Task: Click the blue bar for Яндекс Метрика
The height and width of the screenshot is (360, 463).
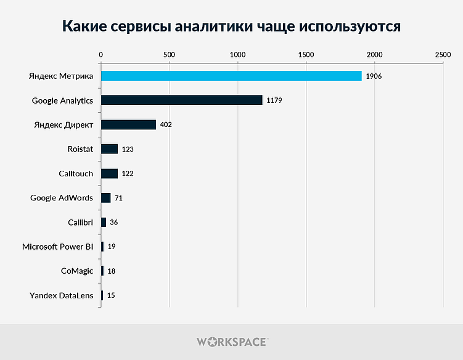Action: pos(231,76)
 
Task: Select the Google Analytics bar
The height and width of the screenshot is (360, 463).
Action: pos(181,100)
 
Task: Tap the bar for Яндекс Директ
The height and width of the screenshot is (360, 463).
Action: pos(128,125)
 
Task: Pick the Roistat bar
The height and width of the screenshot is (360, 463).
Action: pos(109,149)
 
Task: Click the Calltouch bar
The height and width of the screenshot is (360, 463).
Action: pos(109,173)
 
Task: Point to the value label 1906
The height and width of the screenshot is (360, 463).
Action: pos(374,76)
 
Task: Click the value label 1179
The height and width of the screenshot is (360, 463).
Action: pos(274,100)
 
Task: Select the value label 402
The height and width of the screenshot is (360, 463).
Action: pos(165,125)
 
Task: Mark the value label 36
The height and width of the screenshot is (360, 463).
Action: pos(114,222)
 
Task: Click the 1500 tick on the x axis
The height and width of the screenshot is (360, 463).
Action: pos(306,55)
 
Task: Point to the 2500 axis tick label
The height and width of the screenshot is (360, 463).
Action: pos(442,55)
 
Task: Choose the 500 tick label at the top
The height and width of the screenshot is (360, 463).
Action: pos(170,55)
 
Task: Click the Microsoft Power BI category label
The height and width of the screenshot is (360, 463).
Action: pos(57,247)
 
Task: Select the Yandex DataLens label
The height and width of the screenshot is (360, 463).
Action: pos(61,295)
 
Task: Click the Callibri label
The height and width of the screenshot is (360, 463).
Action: pos(80,222)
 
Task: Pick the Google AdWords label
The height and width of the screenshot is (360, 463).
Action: pos(62,198)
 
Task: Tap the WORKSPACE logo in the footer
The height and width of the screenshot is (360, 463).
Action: pos(231,342)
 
